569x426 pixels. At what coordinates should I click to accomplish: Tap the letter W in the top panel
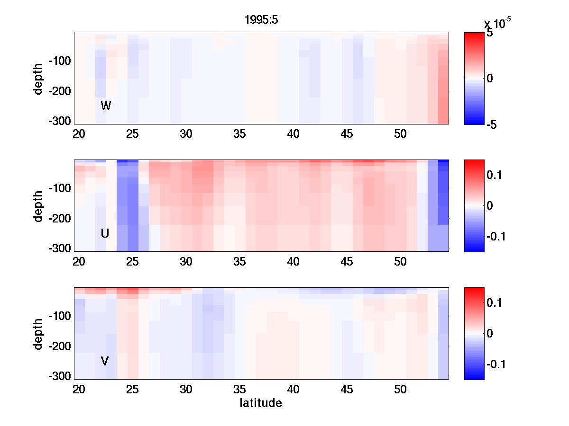pos(106,106)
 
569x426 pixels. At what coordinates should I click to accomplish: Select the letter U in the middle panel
pos(105,233)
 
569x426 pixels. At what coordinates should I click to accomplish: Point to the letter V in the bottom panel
pos(105,362)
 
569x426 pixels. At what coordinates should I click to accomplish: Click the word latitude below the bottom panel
pos(261,403)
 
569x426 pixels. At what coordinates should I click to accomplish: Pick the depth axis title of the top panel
pos(38,79)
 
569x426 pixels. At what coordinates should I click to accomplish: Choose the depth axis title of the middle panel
pos(38,206)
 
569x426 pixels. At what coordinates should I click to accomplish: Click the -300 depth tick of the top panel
pos(59,121)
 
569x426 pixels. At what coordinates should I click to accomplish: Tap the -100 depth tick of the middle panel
pos(59,188)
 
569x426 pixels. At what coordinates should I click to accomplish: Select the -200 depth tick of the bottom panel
pos(59,346)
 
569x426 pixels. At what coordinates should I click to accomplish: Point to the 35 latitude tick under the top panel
pos(240,134)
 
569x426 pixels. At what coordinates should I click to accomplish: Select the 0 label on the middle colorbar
pos(490,206)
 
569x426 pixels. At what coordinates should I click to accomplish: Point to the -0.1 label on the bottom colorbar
pos(496,364)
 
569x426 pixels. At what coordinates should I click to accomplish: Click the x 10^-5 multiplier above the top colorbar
pos(497,23)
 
